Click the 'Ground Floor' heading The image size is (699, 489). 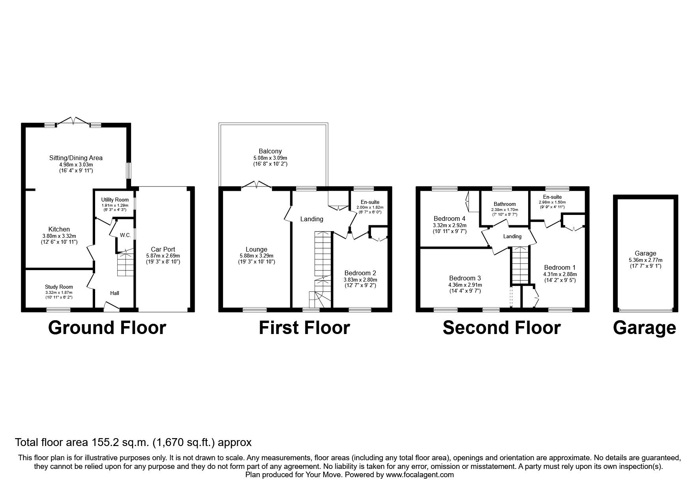pyautogui.click(x=107, y=328)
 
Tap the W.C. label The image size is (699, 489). pyautogui.click(x=126, y=235)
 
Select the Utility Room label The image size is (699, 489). pyautogui.click(x=115, y=200)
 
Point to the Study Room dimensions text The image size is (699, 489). pyautogui.click(x=59, y=293)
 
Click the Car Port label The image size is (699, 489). pyautogui.click(x=163, y=249)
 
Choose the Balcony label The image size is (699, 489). pyautogui.click(x=270, y=151)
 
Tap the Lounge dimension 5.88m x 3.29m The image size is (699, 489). pyautogui.click(x=257, y=256)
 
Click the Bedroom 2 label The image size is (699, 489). pyautogui.click(x=360, y=273)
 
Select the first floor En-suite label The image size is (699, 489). pyautogui.click(x=370, y=202)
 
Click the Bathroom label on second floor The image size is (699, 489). pyautogui.click(x=504, y=204)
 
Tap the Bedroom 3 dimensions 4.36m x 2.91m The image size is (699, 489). pyautogui.click(x=465, y=285)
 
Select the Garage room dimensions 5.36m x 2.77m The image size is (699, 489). pyautogui.click(x=645, y=260)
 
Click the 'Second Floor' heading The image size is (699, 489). pyautogui.click(x=501, y=328)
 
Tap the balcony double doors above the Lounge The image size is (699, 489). pyautogui.click(x=257, y=185)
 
